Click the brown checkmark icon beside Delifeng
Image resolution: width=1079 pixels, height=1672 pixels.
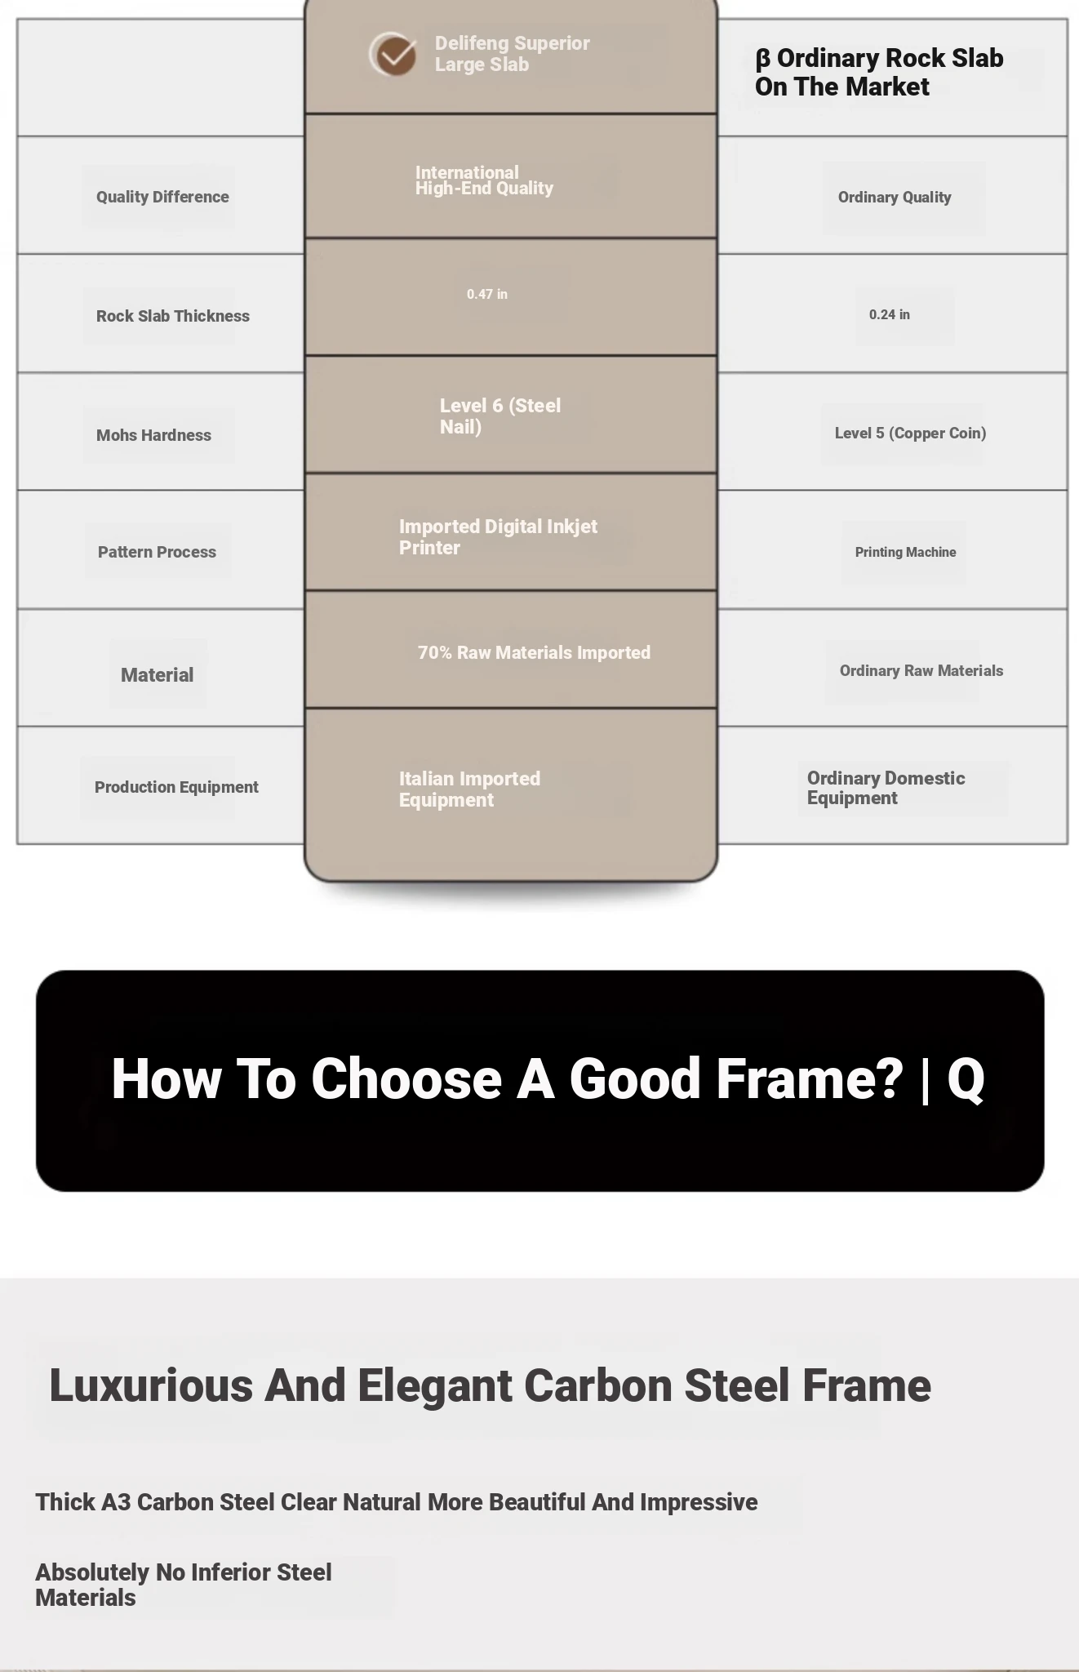point(393,55)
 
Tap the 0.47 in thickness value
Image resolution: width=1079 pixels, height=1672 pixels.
point(487,294)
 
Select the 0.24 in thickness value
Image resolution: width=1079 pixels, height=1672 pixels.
point(890,314)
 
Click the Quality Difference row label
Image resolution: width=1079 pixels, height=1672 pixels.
point(162,197)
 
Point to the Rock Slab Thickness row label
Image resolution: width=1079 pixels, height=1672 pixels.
point(173,316)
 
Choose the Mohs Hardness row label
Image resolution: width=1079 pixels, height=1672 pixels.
point(153,435)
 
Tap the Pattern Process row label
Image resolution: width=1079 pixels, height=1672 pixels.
point(157,552)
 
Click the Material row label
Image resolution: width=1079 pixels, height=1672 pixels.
point(157,675)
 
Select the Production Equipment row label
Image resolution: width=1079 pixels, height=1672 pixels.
point(176,787)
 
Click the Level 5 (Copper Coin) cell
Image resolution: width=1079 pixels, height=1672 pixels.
point(910,434)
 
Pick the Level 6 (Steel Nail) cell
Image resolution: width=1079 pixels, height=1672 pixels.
point(500,416)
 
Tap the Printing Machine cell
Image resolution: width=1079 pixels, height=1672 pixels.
point(905,552)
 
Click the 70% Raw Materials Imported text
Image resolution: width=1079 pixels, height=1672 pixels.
point(534,652)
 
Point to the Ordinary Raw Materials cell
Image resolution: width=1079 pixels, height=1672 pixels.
point(921,670)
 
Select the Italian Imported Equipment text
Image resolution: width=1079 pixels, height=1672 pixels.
point(469,789)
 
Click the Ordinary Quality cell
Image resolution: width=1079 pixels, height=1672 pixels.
point(895,197)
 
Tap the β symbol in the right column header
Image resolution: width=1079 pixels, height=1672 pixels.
point(762,59)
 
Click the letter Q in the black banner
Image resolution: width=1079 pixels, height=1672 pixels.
point(966,1080)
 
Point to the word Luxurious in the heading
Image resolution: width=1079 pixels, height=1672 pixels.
point(151,1385)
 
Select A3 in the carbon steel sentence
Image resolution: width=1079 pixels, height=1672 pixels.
point(116,1502)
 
